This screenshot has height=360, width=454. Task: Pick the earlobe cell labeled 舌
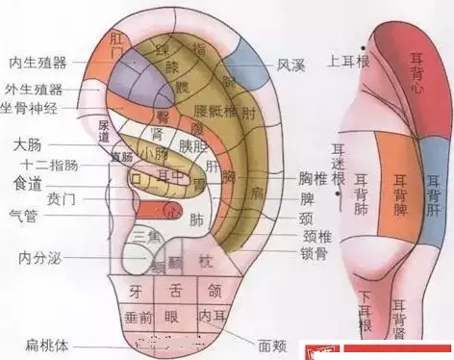pos(174,289)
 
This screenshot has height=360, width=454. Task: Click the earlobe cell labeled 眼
pos(174,316)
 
